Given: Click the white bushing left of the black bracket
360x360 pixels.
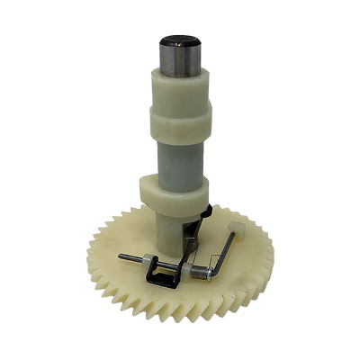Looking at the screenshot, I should tap(144, 261).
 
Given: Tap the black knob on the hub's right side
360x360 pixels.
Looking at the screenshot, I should tap(206, 212).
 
